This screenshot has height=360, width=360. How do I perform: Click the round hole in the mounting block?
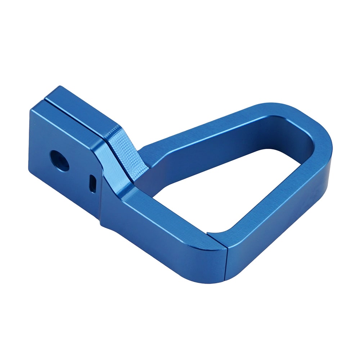[x=59, y=160]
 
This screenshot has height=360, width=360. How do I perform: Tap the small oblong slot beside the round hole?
[x=93, y=183]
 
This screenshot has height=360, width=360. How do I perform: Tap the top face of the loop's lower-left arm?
[x=169, y=216]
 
